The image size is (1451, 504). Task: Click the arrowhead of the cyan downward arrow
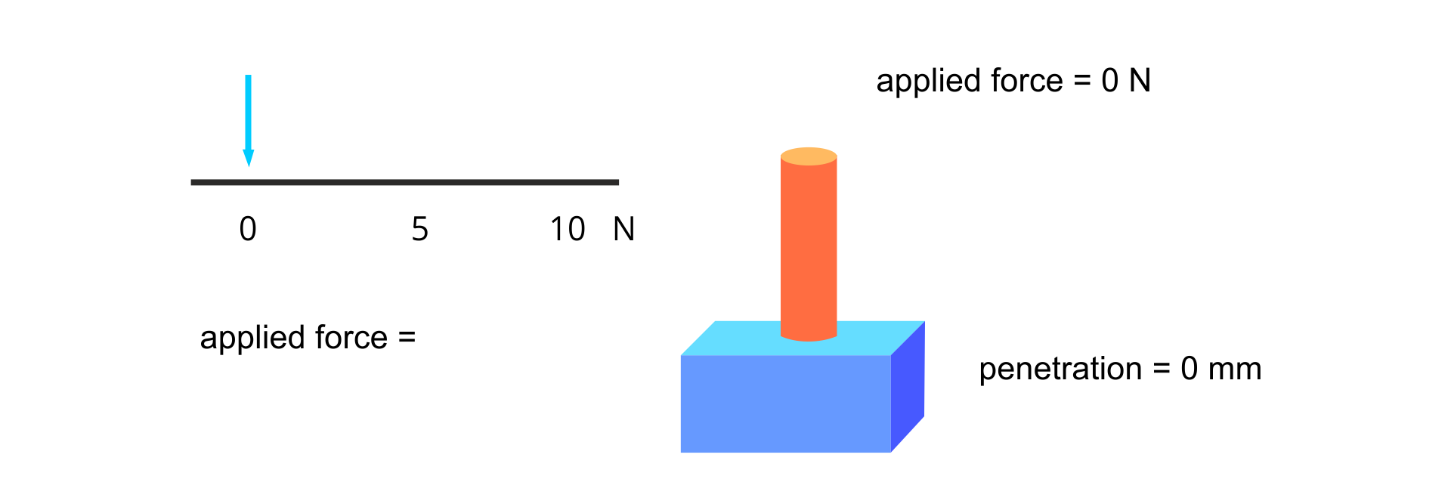[x=248, y=157]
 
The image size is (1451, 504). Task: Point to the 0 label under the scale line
[x=248, y=229]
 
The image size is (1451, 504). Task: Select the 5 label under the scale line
[x=420, y=229]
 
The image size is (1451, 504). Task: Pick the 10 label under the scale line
[x=567, y=229]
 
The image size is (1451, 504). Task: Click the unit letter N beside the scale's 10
[x=623, y=229]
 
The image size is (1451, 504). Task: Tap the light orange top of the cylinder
[x=809, y=156]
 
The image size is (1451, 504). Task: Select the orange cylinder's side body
[x=809, y=249]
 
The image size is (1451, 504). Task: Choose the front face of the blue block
[x=786, y=404]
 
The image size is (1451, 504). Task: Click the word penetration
[x=1060, y=369]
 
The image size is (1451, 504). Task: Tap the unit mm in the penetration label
[x=1235, y=369]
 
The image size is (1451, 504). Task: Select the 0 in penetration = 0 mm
[x=1189, y=369]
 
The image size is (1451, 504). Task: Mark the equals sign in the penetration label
[x=1162, y=369]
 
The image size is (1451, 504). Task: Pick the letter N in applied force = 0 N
[x=1140, y=81]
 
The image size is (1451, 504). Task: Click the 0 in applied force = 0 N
[x=1109, y=81]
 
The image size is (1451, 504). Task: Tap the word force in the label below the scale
[x=351, y=338]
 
